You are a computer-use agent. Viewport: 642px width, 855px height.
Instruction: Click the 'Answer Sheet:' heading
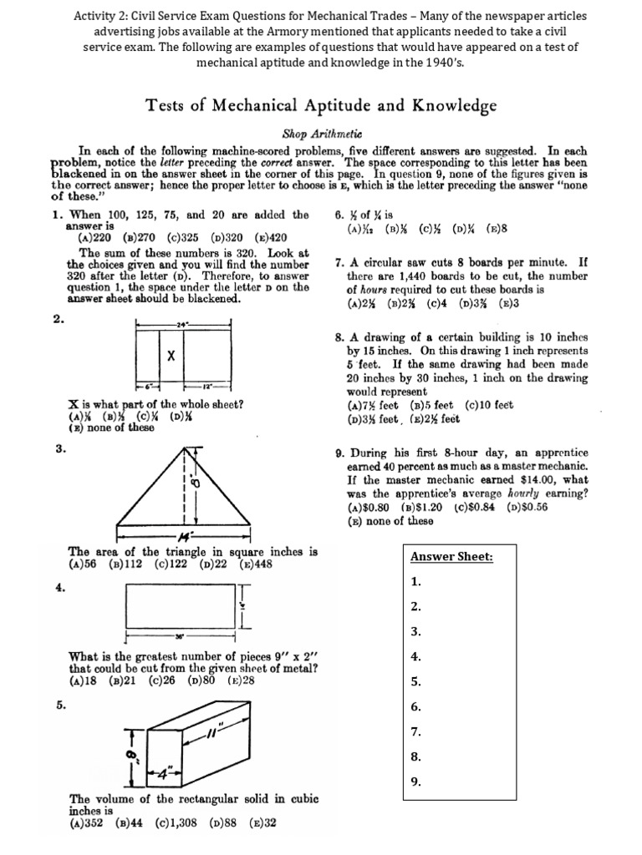coord(451,557)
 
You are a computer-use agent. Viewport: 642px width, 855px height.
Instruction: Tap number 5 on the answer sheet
coord(415,681)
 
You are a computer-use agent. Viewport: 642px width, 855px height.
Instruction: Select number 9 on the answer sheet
coord(415,782)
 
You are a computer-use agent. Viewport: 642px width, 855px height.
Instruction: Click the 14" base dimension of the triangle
coord(184,534)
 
